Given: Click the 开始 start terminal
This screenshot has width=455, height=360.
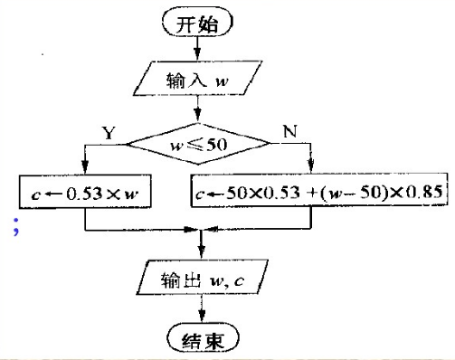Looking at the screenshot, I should tap(199, 24).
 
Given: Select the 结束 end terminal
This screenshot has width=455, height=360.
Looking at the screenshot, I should tap(199, 339).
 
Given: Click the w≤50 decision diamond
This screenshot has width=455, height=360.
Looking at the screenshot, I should tap(199, 142).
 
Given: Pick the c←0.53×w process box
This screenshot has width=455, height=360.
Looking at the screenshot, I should tap(83, 192).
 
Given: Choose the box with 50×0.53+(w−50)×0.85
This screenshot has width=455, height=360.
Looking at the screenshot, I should tap(318, 192).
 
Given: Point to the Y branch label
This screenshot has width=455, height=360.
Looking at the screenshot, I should tap(109, 132).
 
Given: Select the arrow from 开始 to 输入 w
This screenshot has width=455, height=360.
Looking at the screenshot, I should tap(199, 48).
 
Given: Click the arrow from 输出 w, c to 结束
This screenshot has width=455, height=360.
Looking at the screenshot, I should tap(199, 312).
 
